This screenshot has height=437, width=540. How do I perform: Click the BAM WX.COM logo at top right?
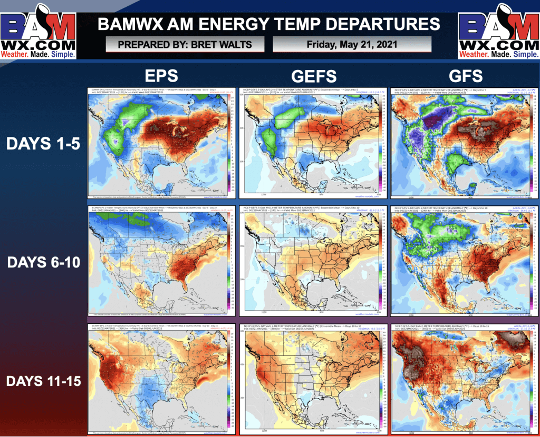[x=499, y=31]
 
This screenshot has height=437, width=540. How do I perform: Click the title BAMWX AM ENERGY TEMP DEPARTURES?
[x=269, y=24]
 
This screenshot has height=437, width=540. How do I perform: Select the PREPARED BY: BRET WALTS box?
[x=185, y=44]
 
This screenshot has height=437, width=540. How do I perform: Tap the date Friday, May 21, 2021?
[x=352, y=44]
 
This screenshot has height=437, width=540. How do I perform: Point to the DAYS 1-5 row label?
[x=43, y=143]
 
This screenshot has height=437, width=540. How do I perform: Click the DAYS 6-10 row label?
[x=43, y=262]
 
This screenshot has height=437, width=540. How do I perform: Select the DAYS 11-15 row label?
[x=43, y=380]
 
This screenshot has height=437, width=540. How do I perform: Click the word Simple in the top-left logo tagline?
[x=61, y=54]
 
